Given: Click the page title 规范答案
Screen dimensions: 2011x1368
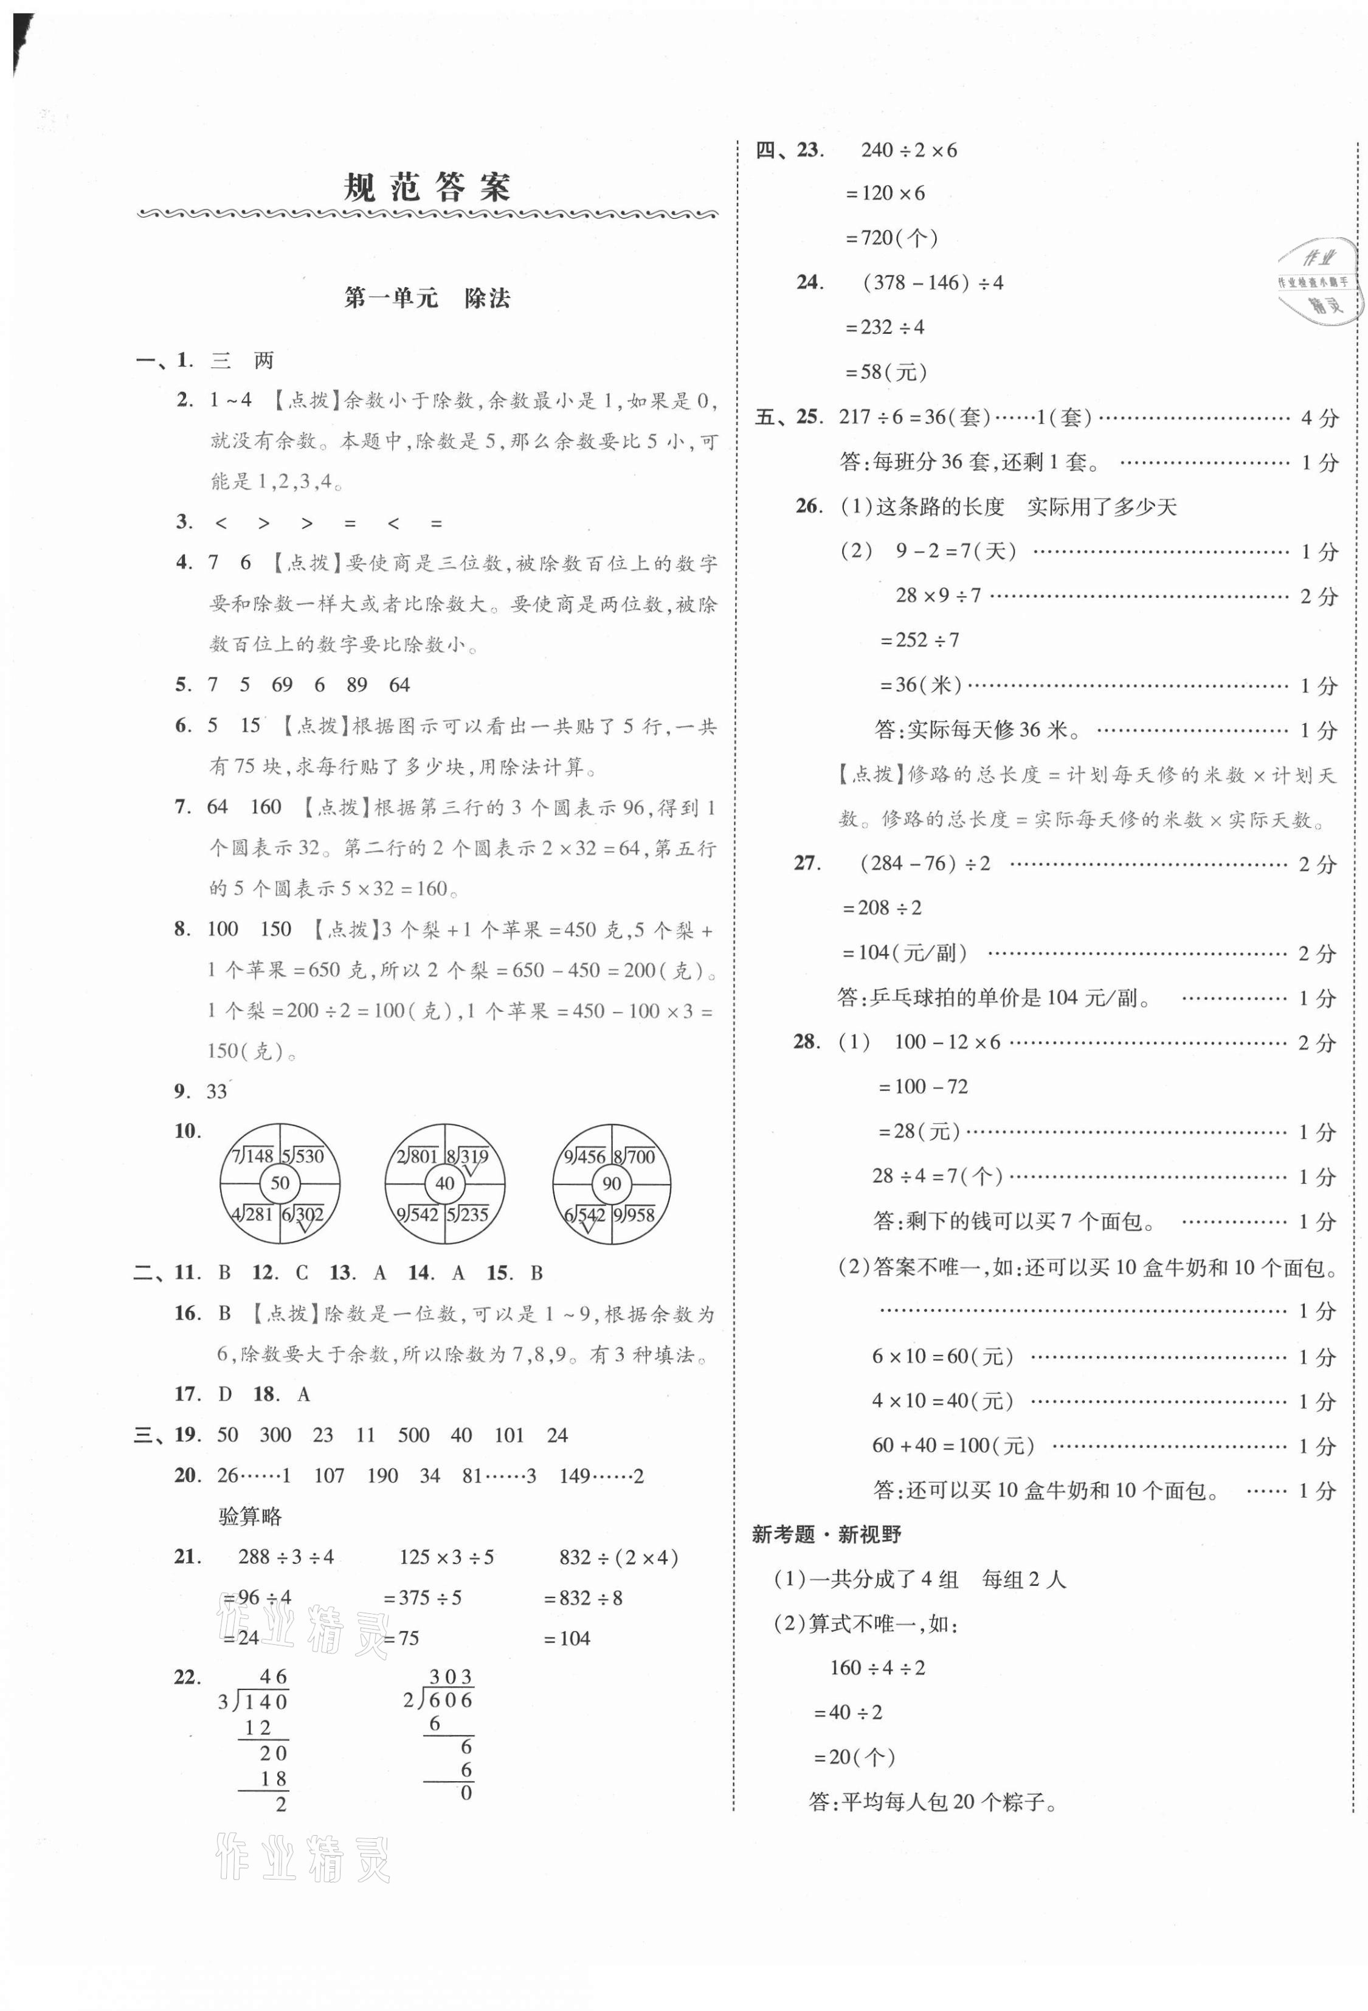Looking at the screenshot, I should tap(427, 188).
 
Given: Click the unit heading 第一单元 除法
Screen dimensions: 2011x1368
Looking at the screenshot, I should tap(427, 299).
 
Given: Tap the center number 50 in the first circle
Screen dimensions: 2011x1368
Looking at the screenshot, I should tap(280, 1183).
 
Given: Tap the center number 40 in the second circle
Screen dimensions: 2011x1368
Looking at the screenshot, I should tap(444, 1183).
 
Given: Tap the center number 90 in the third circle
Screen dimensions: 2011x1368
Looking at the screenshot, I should tap(611, 1183).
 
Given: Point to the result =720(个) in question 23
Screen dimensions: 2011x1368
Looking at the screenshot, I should tap(891, 238).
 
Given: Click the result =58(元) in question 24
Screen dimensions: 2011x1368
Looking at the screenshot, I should tap(886, 372).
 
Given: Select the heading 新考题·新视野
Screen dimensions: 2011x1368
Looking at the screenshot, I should tap(826, 1534).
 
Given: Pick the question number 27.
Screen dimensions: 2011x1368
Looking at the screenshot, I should tap(806, 863).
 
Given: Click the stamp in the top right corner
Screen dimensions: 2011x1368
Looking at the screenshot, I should tap(1315, 281).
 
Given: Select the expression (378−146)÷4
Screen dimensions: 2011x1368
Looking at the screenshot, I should tap(933, 282).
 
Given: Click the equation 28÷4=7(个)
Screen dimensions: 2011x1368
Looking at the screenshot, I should tap(937, 1176).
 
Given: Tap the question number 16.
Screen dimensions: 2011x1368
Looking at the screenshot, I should tap(187, 1314).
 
